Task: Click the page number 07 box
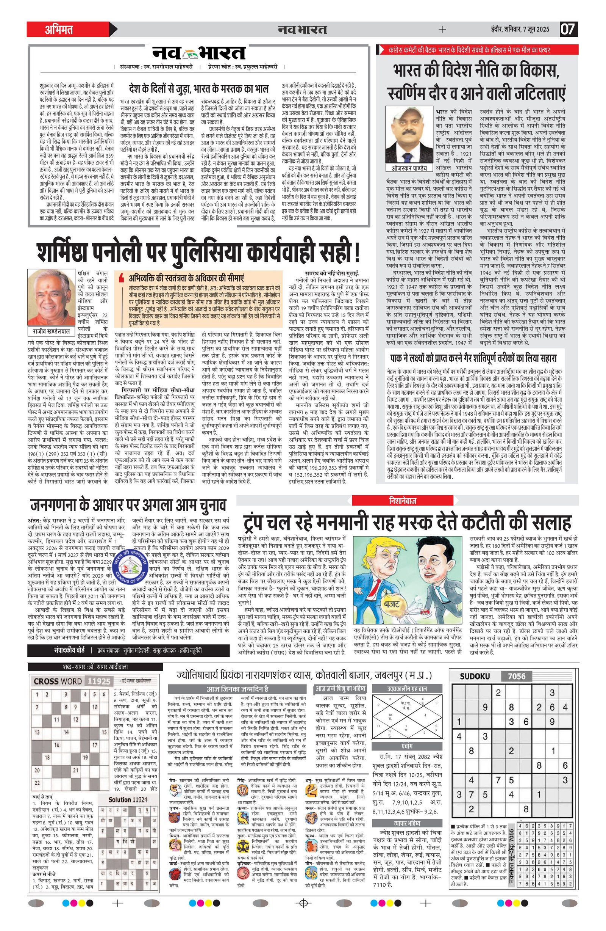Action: point(569,29)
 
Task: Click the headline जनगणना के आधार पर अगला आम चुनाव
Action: point(128,505)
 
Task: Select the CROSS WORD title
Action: point(58,681)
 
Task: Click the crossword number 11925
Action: point(99,681)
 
